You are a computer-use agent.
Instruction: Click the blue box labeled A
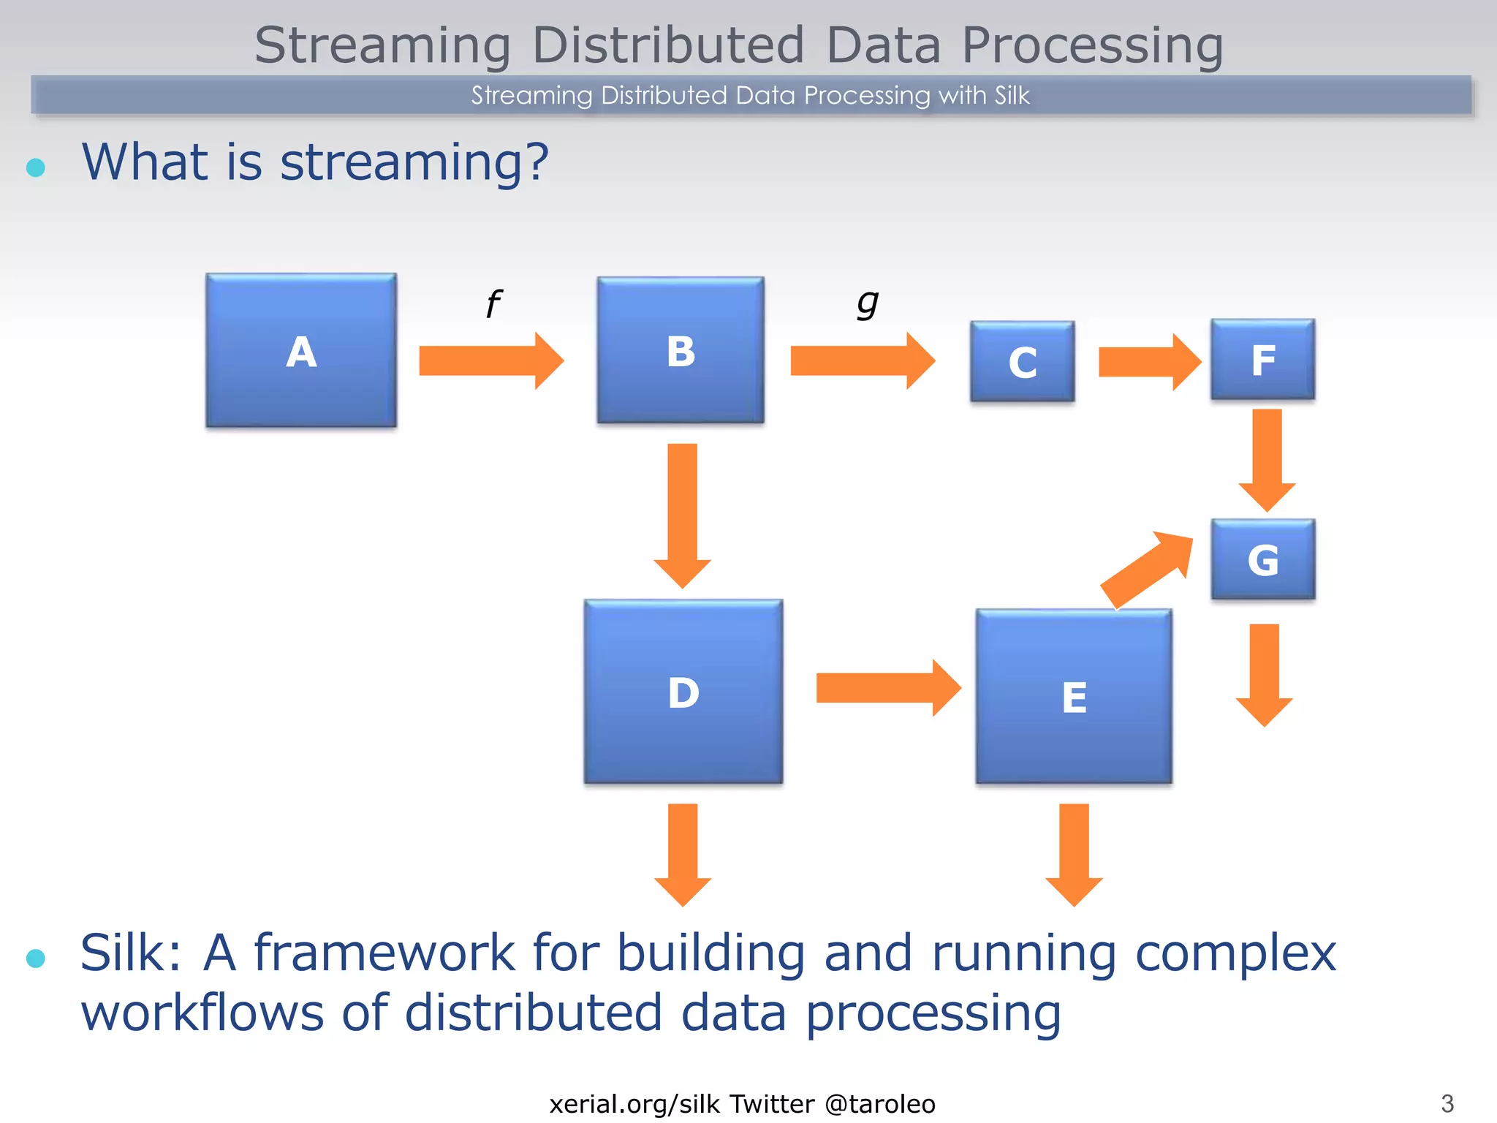(x=301, y=350)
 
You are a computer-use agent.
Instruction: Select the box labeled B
(x=681, y=350)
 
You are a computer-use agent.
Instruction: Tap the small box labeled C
(x=1022, y=361)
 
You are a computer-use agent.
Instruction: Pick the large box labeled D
(x=683, y=692)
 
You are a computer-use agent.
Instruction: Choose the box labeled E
(x=1074, y=696)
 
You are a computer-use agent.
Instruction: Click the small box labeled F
(x=1262, y=359)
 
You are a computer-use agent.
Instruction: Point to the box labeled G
(x=1262, y=559)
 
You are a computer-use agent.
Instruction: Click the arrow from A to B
(x=490, y=361)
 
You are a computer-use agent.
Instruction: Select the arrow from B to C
(x=862, y=361)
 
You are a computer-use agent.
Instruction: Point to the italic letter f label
(x=494, y=303)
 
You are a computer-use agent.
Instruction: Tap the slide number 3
(x=1447, y=1103)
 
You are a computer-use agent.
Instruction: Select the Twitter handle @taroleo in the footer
(x=880, y=1104)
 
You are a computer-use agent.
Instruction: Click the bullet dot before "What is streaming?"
(x=36, y=167)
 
